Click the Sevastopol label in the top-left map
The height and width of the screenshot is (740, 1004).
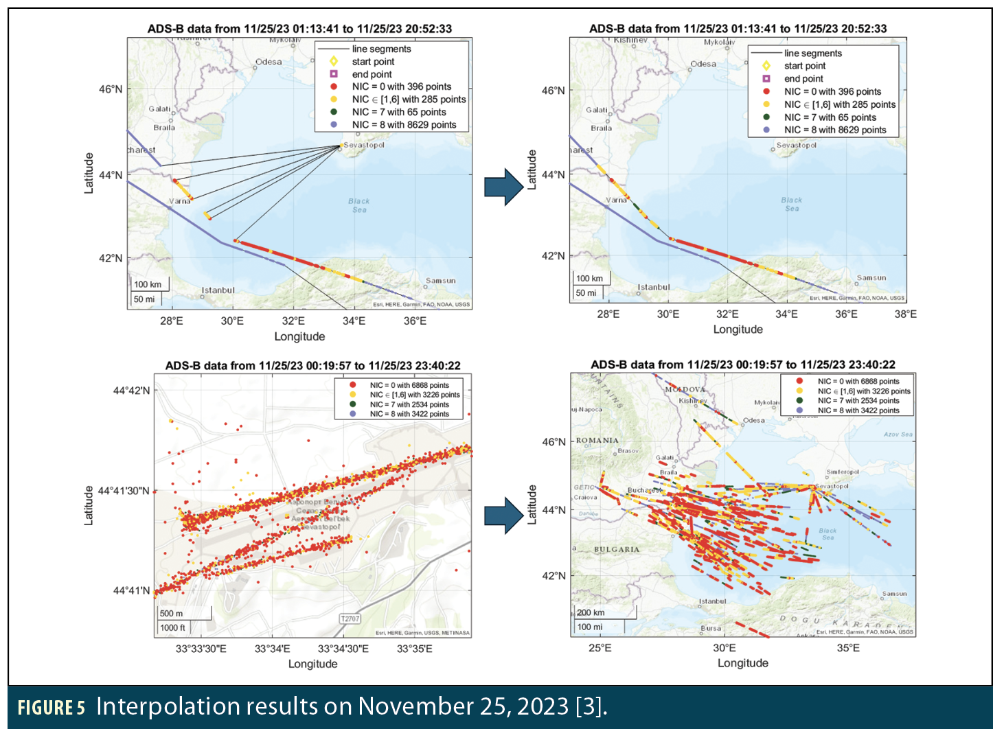click(x=364, y=145)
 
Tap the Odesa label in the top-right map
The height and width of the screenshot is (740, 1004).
click(x=703, y=64)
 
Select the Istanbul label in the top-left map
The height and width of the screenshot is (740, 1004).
click(x=218, y=290)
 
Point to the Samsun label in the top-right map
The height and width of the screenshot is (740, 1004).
click(x=871, y=278)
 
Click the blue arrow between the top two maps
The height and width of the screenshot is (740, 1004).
click(x=503, y=187)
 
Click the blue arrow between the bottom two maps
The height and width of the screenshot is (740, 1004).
click(x=503, y=515)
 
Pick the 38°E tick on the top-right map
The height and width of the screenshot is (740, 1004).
click(x=905, y=314)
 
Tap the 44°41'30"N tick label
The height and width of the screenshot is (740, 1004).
click(x=124, y=491)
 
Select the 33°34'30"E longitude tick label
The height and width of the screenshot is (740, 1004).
click(x=343, y=649)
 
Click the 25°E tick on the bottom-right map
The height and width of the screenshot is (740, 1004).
click(x=600, y=648)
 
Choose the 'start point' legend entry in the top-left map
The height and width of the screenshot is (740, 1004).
click(x=373, y=62)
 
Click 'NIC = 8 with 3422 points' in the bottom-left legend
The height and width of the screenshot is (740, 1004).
click(x=409, y=414)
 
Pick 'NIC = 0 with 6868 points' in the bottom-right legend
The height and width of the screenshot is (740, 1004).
click(x=858, y=381)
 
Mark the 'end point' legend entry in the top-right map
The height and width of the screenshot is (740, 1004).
click(x=803, y=79)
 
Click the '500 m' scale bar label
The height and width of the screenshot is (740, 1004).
click(x=171, y=613)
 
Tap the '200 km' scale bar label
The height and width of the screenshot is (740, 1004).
click(x=591, y=612)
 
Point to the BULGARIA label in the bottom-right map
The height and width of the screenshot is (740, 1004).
click(x=616, y=550)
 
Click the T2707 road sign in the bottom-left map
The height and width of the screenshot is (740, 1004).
click(x=350, y=618)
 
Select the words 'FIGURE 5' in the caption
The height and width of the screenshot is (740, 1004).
click(x=51, y=708)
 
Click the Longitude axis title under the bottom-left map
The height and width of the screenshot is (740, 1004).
click(x=312, y=664)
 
